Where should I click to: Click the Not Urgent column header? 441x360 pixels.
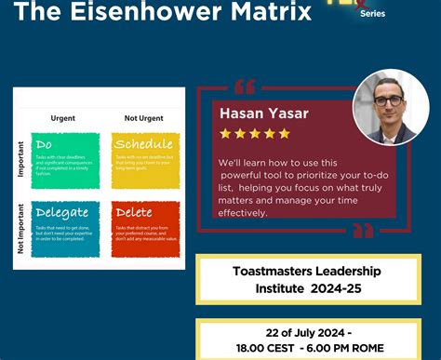pyautogui.click(x=142, y=117)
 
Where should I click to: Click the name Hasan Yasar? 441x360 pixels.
pyautogui.click(x=263, y=113)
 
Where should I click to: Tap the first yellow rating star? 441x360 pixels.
pyautogui.click(x=224, y=134)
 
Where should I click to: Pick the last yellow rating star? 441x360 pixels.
pyautogui.click(x=284, y=134)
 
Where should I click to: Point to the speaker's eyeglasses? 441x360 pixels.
pyautogui.click(x=388, y=100)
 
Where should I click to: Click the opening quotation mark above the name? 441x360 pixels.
pyautogui.click(x=245, y=87)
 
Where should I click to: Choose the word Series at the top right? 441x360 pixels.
pyautogui.click(x=371, y=13)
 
